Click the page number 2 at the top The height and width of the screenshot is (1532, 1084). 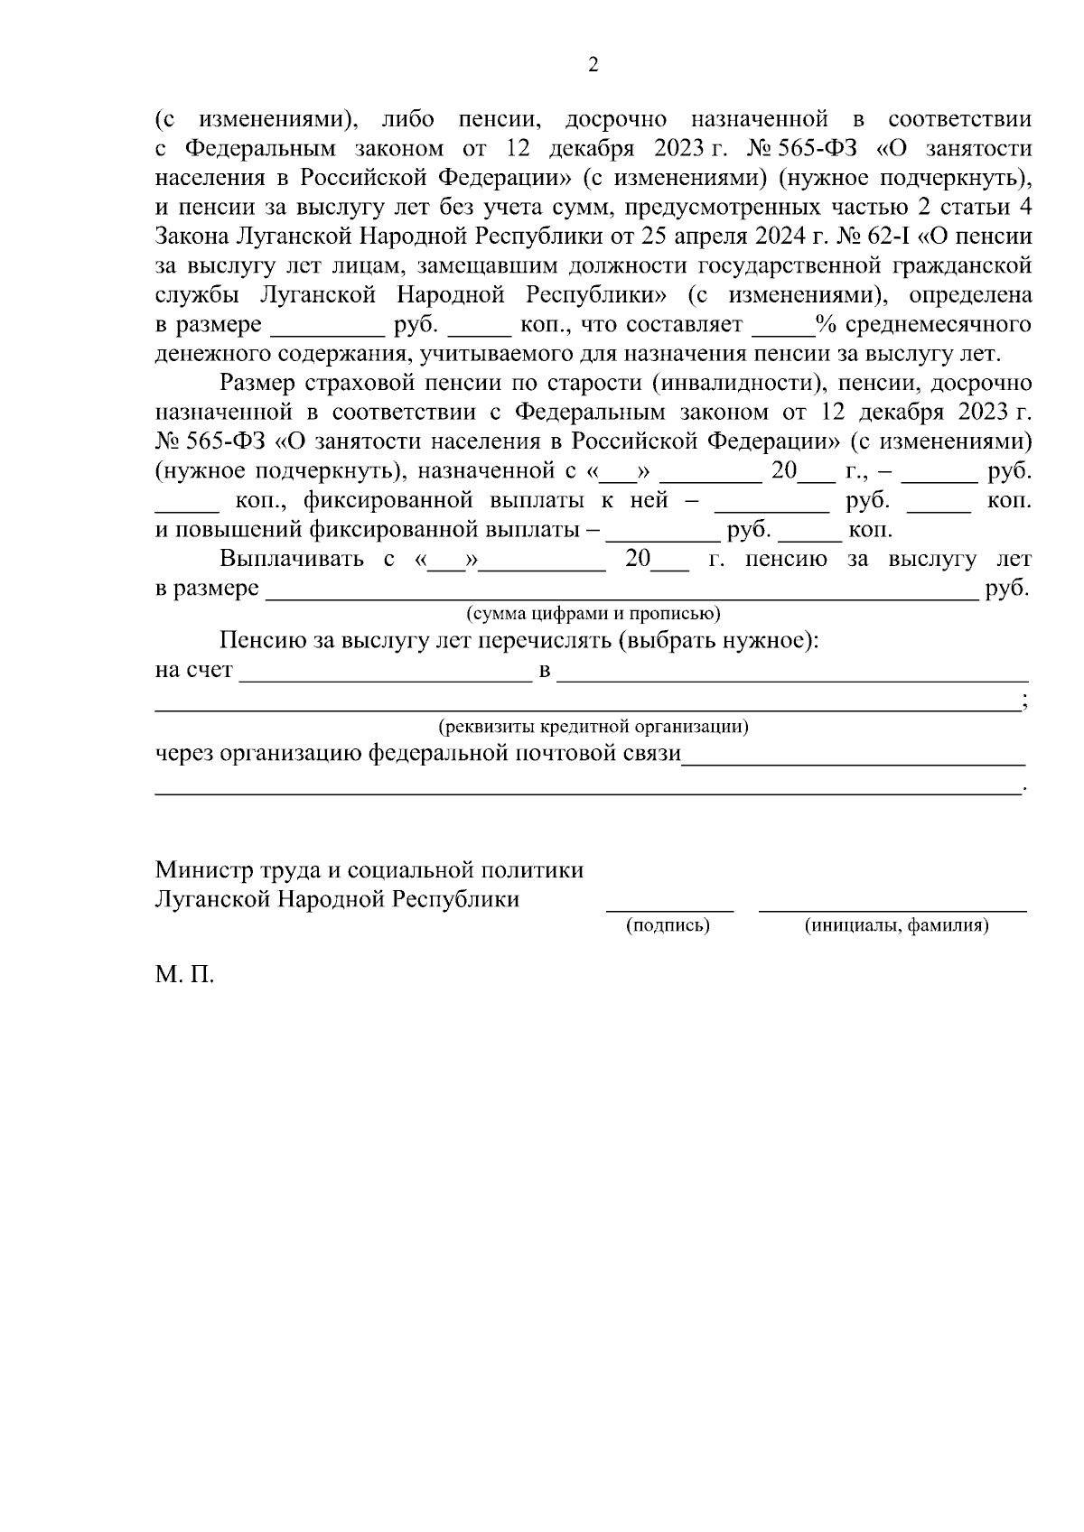593,65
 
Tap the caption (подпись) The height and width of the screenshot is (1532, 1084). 668,925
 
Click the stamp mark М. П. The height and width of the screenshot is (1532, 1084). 184,976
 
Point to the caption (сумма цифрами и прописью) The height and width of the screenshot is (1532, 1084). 593,615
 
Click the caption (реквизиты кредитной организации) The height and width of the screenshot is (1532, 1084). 593,727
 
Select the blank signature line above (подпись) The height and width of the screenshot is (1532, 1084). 668,908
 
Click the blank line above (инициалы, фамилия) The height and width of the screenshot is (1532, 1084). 892,908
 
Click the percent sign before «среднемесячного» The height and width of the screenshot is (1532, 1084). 823,324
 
